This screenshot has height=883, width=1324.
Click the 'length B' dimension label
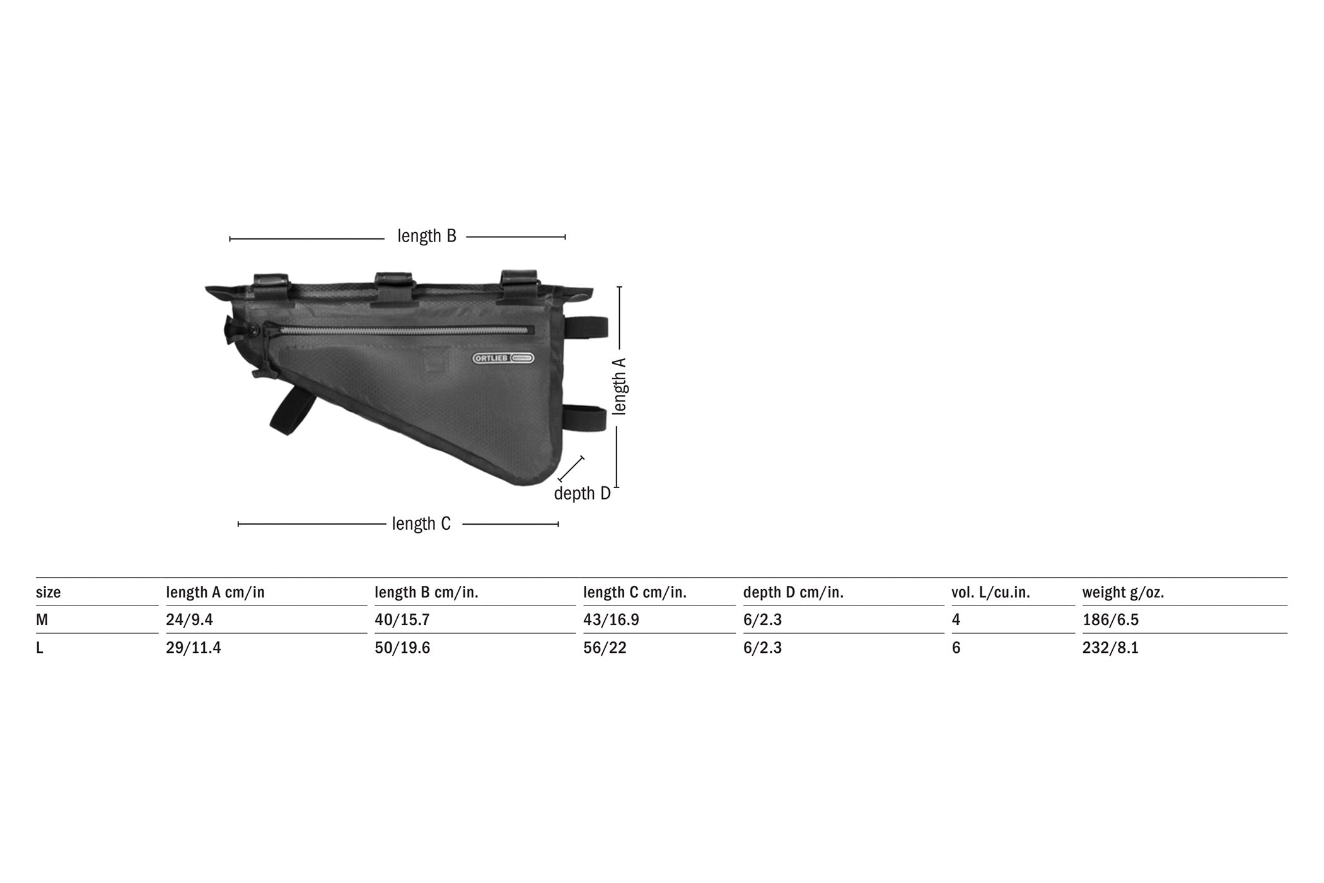coord(427,236)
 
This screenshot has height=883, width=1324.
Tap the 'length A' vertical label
coord(620,386)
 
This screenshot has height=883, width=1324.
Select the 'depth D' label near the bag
coord(583,493)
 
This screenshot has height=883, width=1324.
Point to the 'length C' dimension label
coord(421,523)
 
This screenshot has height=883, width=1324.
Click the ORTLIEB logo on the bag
coord(504,358)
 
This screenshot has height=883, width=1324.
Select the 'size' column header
coord(49,592)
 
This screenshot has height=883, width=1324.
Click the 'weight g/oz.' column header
coord(1124,593)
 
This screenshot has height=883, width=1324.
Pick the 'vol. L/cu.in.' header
coord(990,593)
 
